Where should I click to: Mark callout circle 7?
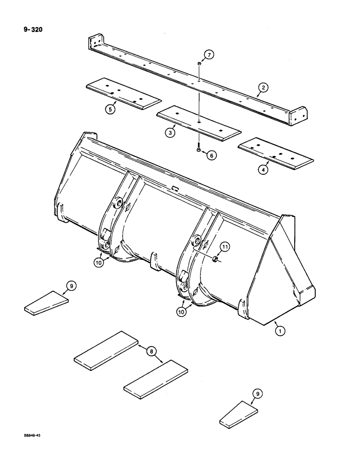point(209,55)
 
